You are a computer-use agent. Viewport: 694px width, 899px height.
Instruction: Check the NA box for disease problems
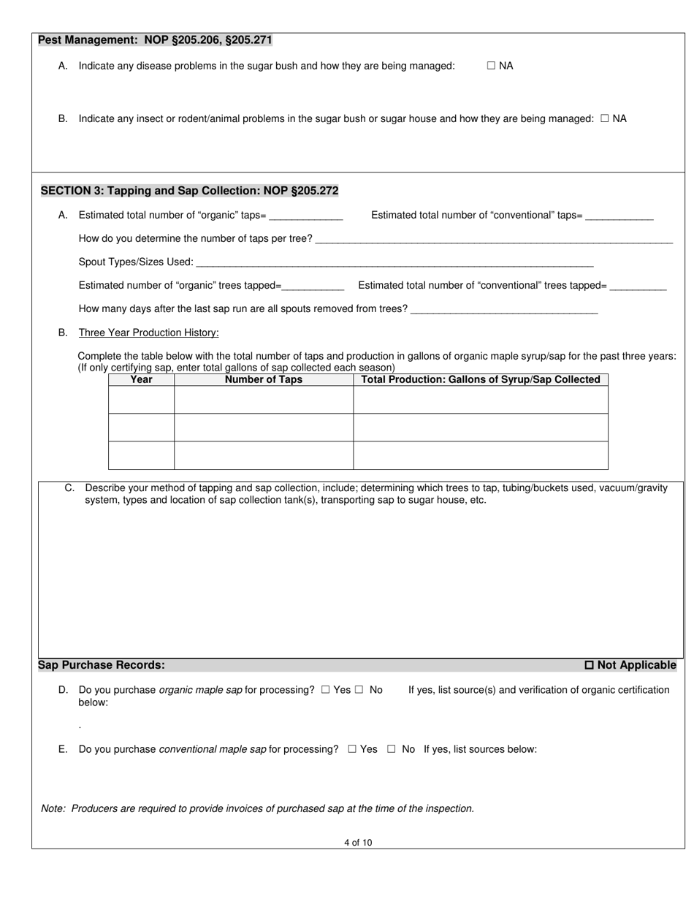point(491,66)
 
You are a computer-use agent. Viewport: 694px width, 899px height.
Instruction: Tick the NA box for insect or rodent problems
point(604,118)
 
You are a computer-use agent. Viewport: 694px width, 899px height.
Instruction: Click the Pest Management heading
point(155,40)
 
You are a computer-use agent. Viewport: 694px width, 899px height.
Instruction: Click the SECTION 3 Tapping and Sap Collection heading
point(189,191)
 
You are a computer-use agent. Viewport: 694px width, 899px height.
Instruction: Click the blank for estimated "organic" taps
point(306,216)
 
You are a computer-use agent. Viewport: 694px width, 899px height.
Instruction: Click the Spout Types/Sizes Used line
point(394,262)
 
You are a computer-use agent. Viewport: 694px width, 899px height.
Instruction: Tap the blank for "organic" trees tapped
point(313,286)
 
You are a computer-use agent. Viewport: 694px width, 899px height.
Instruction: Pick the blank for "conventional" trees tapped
point(638,286)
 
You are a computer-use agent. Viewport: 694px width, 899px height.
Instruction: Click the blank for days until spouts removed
point(504,309)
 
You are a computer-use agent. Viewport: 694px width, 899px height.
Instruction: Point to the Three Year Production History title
point(148,333)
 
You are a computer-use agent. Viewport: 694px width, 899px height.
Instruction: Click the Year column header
point(141,379)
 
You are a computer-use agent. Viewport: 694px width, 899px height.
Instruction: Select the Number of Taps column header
point(263,379)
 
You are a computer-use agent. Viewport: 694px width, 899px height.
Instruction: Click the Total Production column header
point(481,379)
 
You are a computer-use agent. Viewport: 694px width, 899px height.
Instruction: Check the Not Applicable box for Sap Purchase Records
point(590,665)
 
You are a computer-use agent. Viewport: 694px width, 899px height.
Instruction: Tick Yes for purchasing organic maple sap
point(326,689)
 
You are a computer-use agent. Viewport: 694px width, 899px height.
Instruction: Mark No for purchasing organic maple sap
point(359,689)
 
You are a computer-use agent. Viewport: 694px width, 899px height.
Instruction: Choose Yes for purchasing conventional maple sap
point(352,749)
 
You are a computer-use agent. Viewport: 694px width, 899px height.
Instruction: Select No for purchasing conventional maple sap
point(392,749)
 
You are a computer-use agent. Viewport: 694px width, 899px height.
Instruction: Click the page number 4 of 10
point(358,843)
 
